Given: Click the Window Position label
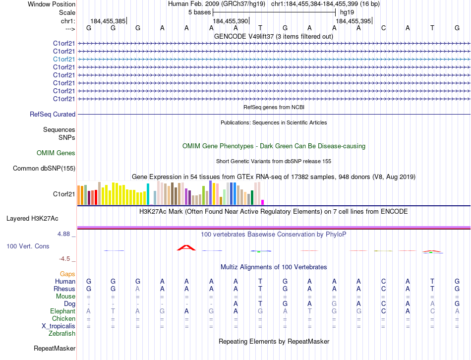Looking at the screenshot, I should pyautogui.click(x=52, y=4).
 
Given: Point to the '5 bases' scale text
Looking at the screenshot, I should pyautogui.click(x=200, y=12).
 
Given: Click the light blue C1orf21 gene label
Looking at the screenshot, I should pyautogui.click(x=64, y=59).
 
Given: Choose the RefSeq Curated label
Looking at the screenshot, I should pyautogui.click(x=53, y=114).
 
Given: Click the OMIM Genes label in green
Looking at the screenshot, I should pyautogui.click(x=56, y=153).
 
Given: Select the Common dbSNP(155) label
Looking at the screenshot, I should pyautogui.click(x=44, y=168).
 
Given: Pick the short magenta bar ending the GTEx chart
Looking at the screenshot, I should pyautogui.click(x=262, y=202).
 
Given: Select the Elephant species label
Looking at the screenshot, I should pyautogui.click(x=63, y=311).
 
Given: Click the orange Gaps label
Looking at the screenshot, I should pyautogui.click(x=67, y=274).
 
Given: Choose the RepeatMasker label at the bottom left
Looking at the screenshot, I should pyautogui.click(x=55, y=349).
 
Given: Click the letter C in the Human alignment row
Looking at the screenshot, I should pyautogui.click(x=383, y=281).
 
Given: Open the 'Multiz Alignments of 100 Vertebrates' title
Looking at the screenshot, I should pyautogui.click(x=274, y=267).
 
